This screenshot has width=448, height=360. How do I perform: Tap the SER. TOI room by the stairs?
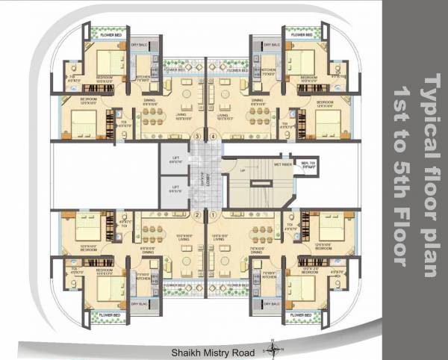(x=305, y=164)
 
